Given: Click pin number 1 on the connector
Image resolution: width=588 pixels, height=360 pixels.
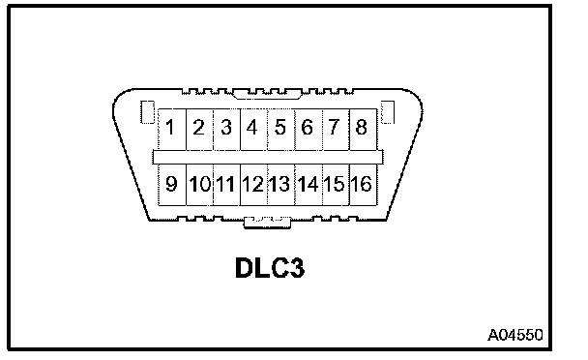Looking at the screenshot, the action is click(x=172, y=130).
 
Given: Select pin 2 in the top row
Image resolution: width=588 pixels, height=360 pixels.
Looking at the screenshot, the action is click(x=199, y=130).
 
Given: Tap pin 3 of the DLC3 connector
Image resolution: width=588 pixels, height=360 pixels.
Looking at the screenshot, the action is click(x=226, y=130).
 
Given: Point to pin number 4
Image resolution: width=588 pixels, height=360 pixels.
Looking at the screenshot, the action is click(x=254, y=130).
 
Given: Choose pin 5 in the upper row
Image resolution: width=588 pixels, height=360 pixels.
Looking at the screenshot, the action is click(x=281, y=130).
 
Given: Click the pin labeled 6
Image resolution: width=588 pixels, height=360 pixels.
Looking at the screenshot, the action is click(x=309, y=130).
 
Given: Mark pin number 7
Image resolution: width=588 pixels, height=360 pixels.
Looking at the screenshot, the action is click(x=336, y=130).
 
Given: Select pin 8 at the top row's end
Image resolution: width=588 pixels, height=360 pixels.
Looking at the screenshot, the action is click(x=363, y=130).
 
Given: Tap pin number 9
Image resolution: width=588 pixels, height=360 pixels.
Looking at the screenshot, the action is click(x=172, y=185).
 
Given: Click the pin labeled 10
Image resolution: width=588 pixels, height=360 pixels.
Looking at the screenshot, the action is click(x=199, y=185).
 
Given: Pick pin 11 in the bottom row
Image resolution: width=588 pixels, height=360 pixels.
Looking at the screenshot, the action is click(x=226, y=185).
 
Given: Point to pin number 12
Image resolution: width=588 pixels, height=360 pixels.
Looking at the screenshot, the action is click(x=254, y=185).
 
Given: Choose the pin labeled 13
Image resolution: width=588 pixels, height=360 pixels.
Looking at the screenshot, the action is click(x=281, y=185).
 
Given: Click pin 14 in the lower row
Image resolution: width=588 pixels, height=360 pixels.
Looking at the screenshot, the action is click(x=309, y=185).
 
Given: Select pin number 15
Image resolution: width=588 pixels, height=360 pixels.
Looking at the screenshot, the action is click(x=336, y=185).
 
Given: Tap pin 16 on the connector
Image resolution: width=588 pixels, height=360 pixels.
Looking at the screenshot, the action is click(x=363, y=185).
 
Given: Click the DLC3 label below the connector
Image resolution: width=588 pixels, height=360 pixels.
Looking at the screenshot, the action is click(x=270, y=268).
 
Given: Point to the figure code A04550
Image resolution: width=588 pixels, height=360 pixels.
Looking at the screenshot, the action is click(x=515, y=335).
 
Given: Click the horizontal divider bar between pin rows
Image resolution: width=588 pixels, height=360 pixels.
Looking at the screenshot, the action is click(x=268, y=158).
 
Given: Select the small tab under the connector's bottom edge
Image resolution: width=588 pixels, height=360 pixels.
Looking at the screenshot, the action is click(x=267, y=223).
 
